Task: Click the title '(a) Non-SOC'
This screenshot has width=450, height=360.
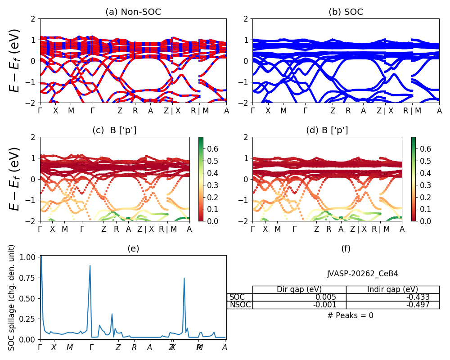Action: pyautogui.click(x=133, y=12)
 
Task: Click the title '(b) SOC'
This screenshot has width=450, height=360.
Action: pyautogui.click(x=346, y=12)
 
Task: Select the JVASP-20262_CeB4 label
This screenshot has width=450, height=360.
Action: pyautogui.click(x=362, y=274)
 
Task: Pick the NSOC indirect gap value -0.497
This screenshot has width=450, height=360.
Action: pyautogui.click(x=417, y=305)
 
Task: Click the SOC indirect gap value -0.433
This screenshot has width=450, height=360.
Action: pyautogui.click(x=417, y=297)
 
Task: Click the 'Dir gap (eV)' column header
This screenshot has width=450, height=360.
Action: pyautogui.click(x=299, y=289)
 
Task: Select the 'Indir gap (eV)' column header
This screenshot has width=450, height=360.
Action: pyautogui.click(x=392, y=289)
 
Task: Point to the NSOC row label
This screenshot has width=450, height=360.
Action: pyautogui.click(x=239, y=305)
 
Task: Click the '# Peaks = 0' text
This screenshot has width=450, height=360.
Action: pyautogui.click(x=350, y=315)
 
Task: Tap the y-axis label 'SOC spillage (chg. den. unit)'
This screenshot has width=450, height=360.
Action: pyautogui.click(x=12, y=297)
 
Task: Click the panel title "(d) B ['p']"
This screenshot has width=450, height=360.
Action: pyautogui.click(x=327, y=130)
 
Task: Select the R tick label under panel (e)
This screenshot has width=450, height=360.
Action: pyautogui.click(x=134, y=347)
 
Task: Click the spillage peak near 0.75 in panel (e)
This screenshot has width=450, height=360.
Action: pyautogui.click(x=184, y=278)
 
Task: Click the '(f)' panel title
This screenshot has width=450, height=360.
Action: pyautogui.click(x=346, y=248)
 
